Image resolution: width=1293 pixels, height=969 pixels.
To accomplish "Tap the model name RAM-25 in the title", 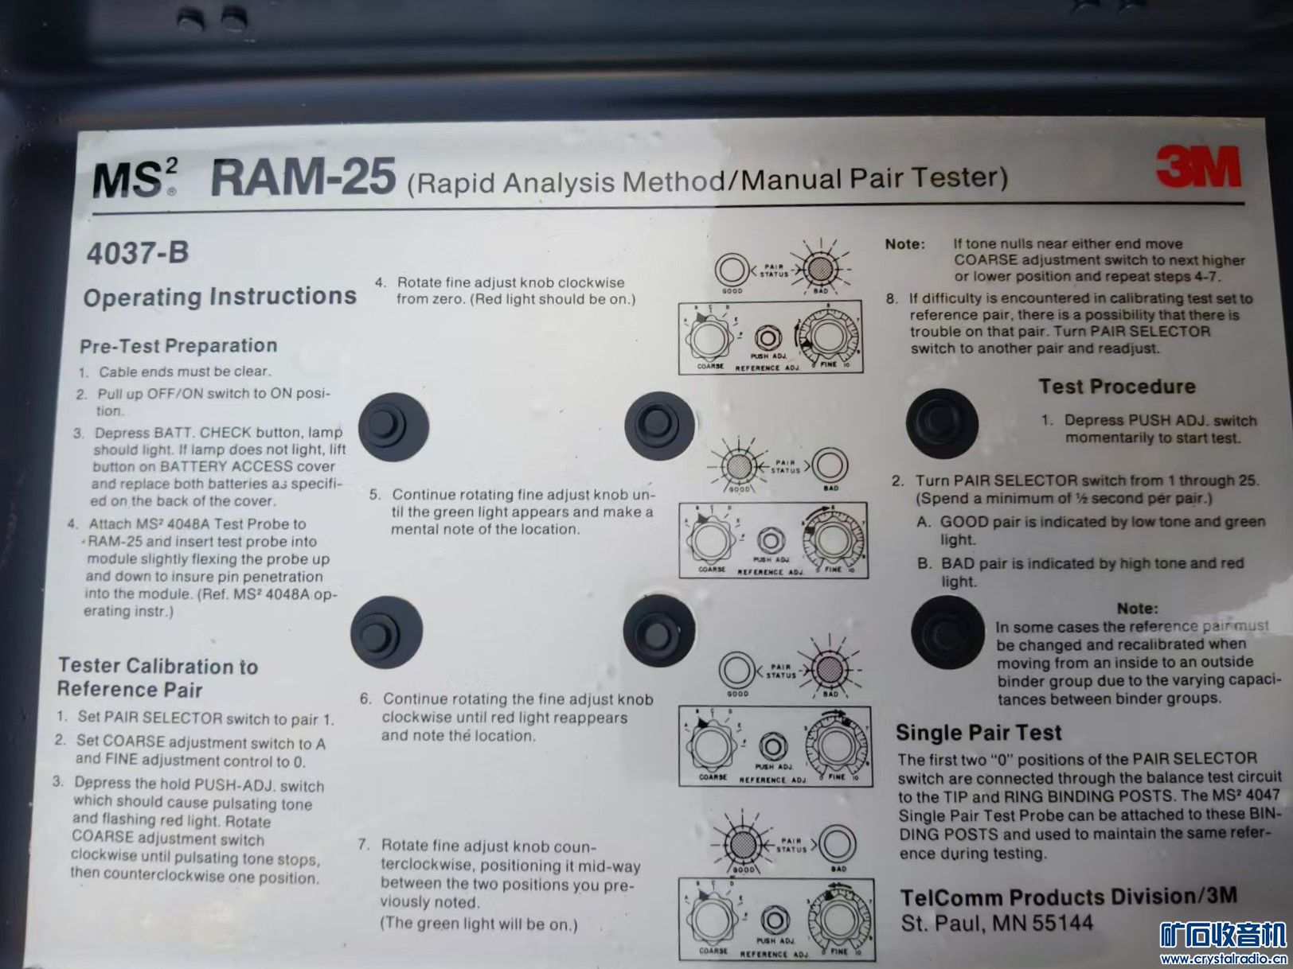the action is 303,177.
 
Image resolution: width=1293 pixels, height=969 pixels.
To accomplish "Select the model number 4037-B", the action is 138,253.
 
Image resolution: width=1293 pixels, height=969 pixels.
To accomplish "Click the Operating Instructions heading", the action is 220,297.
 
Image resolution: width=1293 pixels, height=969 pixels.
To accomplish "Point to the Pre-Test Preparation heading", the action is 178,346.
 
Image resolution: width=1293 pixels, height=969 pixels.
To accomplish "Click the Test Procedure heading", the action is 1117,387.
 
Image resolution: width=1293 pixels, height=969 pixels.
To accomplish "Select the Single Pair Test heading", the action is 979,733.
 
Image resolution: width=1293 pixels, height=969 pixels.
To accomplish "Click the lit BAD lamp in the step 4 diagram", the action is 820,270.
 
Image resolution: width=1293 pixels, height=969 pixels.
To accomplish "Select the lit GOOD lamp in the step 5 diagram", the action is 740,466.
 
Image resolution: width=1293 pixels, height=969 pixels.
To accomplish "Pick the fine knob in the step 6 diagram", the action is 834,745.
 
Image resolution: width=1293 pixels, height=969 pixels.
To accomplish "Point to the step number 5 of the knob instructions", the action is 375,494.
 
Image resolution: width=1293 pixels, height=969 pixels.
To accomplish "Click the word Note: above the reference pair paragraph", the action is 1137,609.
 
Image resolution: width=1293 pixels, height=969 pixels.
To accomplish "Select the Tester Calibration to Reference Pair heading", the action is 158,677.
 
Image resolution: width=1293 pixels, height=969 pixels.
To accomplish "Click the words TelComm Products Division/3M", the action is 1068,897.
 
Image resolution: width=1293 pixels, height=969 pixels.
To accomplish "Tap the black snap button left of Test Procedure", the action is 941,423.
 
